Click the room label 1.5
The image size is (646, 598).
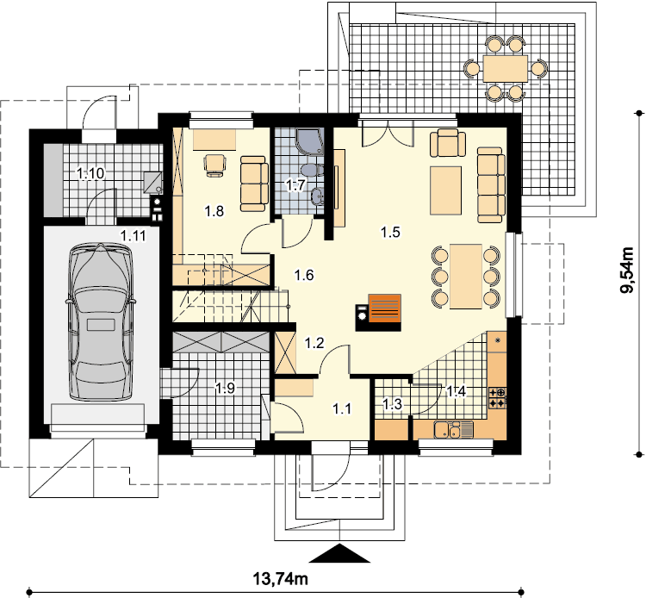coord(390,233)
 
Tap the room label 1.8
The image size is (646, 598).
coord(214,211)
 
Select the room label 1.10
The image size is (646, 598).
coord(90,173)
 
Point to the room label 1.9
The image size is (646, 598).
coord(226,388)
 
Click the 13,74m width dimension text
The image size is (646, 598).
coord(280,579)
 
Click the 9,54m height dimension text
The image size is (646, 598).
coord(627,270)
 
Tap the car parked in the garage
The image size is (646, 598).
coord(101,321)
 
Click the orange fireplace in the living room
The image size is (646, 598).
coord(384,308)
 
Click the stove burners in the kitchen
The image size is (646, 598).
coord(498,398)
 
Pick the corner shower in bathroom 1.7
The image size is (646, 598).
coord(309,142)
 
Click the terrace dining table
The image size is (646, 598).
coord(506,68)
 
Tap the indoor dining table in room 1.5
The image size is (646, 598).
coord(466,276)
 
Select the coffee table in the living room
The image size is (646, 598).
coord(446,190)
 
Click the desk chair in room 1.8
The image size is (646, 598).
coord(215,165)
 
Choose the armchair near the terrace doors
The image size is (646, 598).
coord(448,142)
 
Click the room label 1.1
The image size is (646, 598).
coord(342,408)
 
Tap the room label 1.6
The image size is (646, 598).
coord(304,275)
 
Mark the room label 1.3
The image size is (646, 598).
coord(392,404)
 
